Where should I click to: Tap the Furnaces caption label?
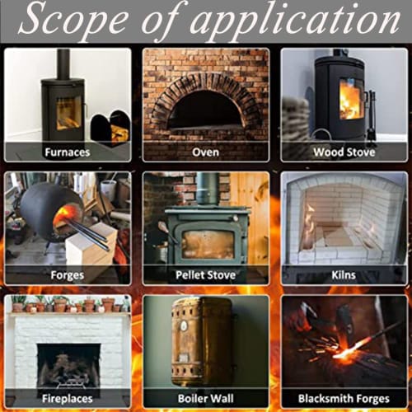68,152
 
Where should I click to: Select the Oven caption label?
205,152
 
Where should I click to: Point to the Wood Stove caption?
344,152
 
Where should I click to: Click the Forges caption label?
68,275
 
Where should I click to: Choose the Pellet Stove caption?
205,275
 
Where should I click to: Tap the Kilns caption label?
344,275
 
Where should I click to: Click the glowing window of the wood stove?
350,98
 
